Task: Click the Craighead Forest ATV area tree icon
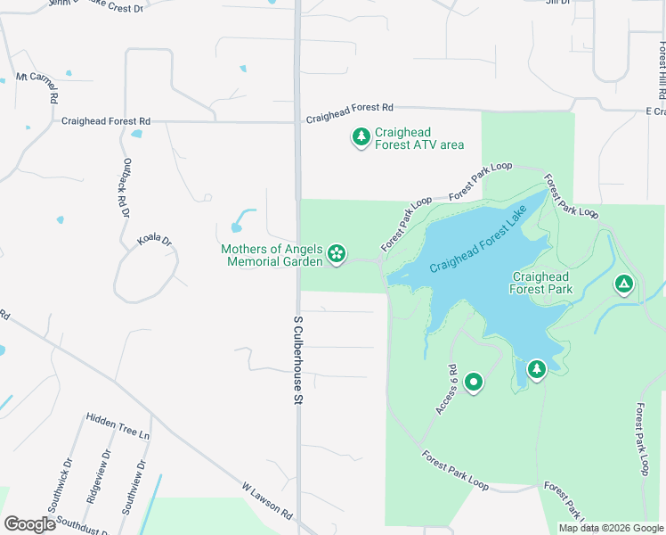pyautogui.click(x=361, y=137)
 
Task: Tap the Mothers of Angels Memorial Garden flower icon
pyautogui.click(x=337, y=254)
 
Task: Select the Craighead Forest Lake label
pyautogui.click(x=479, y=241)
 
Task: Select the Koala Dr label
pyautogui.click(x=154, y=240)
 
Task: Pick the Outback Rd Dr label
pyautogui.click(x=126, y=188)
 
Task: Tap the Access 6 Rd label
pyautogui.click(x=446, y=390)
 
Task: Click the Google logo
pyautogui.click(x=29, y=524)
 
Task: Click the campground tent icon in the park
pyautogui.click(x=624, y=284)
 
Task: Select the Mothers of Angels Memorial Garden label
pyautogui.click(x=272, y=255)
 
